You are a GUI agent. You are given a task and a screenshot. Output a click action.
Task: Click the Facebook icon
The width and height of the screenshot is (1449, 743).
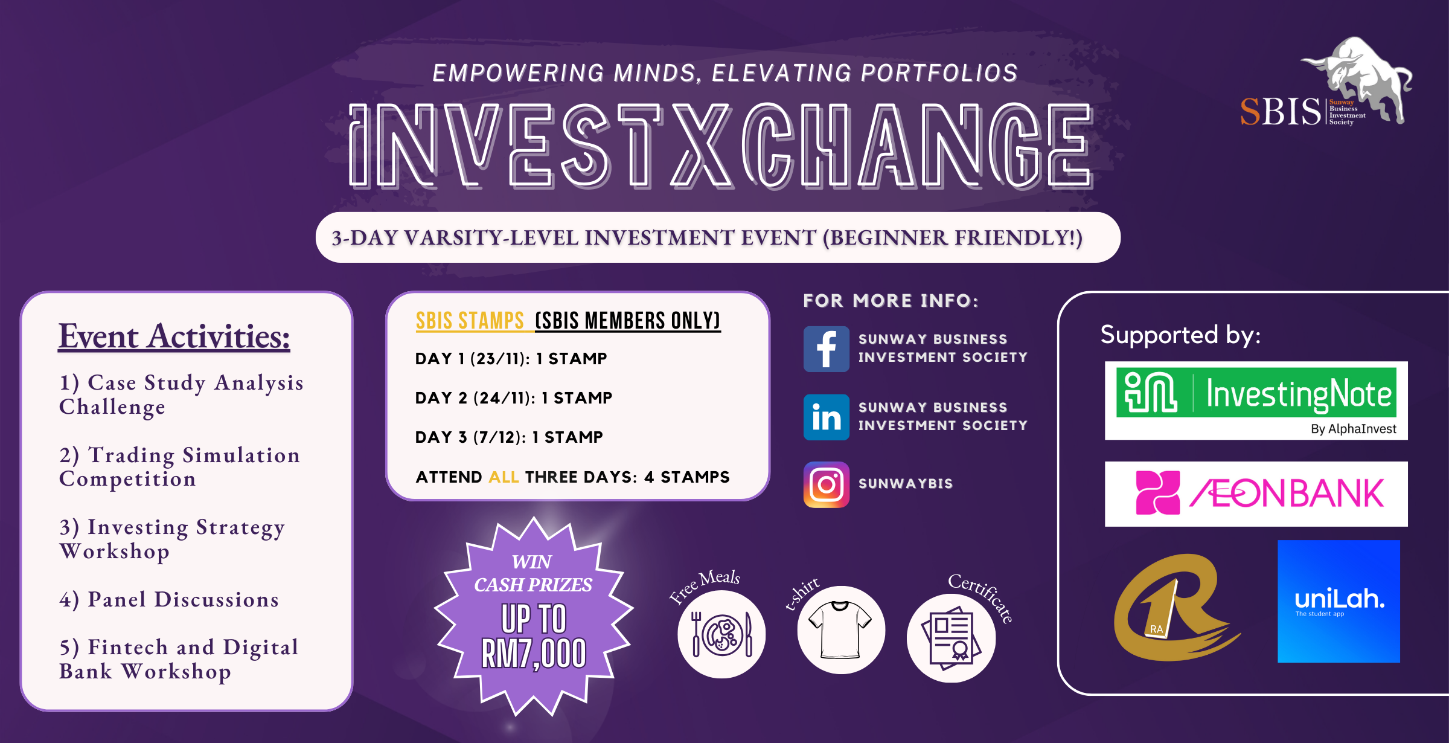pos(826,349)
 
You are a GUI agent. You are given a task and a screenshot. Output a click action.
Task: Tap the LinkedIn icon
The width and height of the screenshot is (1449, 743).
pos(826,417)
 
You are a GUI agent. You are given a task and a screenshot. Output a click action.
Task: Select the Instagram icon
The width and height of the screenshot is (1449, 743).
pos(826,484)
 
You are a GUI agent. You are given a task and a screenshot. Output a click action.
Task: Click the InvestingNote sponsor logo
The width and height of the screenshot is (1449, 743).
pos(1256,400)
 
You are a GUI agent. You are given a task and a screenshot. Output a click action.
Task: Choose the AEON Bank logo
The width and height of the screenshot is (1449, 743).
pos(1256,494)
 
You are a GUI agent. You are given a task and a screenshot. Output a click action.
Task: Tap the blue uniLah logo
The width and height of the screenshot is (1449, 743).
pos(1339,601)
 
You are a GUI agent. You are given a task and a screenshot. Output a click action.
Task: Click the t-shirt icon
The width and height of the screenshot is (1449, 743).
pos(840,630)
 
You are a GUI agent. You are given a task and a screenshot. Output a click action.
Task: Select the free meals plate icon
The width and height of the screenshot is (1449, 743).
pos(721,634)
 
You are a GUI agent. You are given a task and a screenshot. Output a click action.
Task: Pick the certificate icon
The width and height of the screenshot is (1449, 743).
pos(951,638)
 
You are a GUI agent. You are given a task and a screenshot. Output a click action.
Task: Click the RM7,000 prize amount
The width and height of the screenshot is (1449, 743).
pos(534,654)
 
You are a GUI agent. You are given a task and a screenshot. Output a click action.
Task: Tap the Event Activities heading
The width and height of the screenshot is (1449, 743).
pos(174,336)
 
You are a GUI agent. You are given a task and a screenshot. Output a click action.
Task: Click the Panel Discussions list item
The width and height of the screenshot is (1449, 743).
pos(169,599)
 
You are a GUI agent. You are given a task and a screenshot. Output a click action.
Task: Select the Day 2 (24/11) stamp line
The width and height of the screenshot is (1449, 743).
pos(514,397)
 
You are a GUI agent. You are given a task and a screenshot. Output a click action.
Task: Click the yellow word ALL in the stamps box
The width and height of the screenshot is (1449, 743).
pos(504,477)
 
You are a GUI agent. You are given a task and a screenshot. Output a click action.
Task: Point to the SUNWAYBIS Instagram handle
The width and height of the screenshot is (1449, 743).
pos(906,484)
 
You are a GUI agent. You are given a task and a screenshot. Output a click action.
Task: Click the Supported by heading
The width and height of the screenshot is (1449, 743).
pos(1180,335)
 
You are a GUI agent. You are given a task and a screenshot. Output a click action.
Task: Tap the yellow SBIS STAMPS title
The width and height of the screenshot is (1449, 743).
pos(470,321)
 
